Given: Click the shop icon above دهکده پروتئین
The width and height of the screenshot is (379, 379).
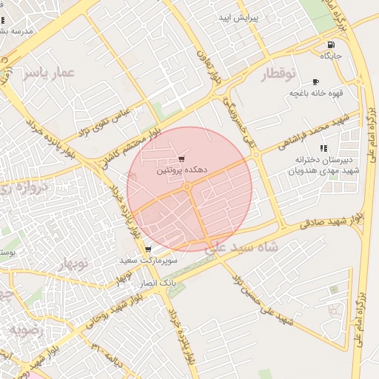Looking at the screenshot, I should pos(182,159).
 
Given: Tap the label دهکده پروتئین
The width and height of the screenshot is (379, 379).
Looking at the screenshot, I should pos(181,170).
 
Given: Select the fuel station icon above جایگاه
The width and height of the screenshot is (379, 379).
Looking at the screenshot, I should pos(329,44).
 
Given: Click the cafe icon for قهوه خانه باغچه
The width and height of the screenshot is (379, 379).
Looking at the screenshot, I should pos(316,81).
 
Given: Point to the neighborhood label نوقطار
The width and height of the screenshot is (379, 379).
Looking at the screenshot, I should pos(278,73).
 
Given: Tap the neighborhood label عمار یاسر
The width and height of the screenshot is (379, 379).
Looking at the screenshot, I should pos(50,73).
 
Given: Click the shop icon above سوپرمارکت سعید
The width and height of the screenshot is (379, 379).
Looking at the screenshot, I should pos(149,249).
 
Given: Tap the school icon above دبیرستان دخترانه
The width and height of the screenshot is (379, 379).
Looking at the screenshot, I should pos(323,149).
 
